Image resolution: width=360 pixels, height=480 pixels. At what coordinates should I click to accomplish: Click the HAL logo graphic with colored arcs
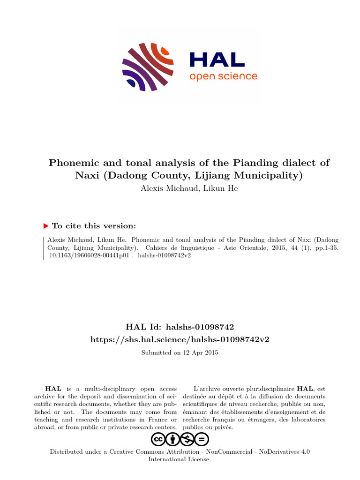[148, 67]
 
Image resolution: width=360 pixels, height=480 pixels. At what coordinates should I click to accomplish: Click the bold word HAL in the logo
[217, 59]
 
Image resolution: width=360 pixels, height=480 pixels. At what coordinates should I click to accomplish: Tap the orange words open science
[223, 76]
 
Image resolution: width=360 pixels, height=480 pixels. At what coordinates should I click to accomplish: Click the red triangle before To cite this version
[46, 226]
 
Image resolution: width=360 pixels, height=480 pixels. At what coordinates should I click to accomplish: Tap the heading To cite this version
[94, 226]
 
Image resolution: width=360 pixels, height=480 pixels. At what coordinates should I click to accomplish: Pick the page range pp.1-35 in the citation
[324, 248]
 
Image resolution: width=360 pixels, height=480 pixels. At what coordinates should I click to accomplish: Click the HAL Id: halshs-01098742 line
[180, 327]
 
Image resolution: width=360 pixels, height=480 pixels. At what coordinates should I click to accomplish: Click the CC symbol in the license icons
[158, 439]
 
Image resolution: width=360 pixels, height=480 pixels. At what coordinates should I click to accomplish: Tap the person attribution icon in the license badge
[172, 439]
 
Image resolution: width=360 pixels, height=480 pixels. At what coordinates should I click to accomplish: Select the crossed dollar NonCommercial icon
[187, 439]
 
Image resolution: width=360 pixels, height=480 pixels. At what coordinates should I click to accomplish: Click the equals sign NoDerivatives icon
[202, 439]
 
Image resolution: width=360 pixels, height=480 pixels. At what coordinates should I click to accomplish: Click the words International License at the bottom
[179, 459]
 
